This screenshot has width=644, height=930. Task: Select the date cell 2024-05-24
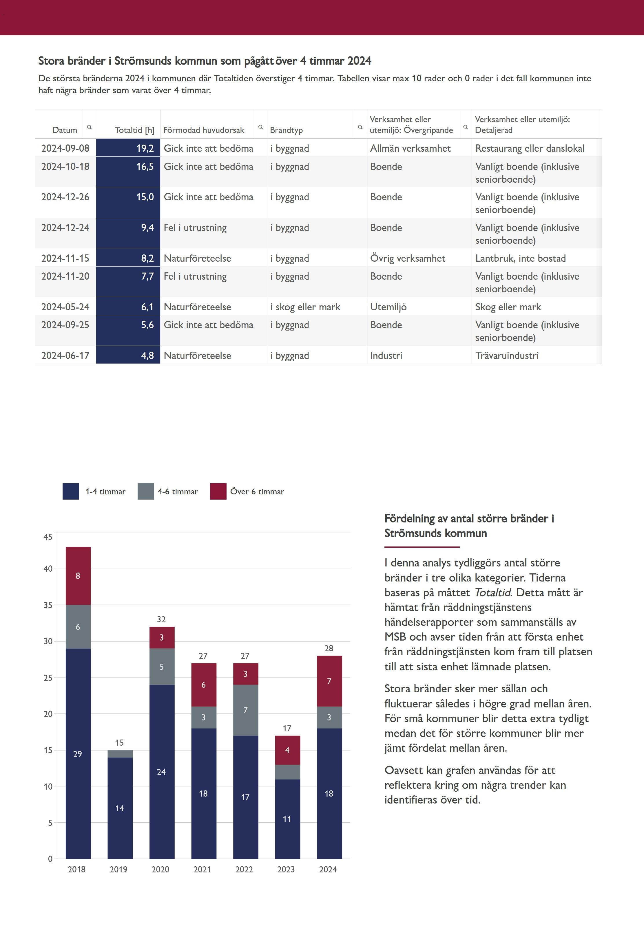65,307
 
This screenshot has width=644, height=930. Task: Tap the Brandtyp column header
286,130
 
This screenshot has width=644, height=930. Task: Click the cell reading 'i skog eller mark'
305,307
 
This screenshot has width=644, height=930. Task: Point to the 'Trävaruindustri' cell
507,355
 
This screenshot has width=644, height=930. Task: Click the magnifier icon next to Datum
89,127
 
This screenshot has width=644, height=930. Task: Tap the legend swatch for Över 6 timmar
218,491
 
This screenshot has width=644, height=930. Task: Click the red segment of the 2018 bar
78,576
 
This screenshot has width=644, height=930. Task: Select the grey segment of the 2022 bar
245,710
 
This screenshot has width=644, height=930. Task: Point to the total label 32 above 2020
161,619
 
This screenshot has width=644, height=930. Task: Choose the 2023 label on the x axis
286,869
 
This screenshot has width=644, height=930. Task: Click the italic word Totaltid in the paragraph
492,592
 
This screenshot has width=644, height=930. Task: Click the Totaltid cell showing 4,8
128,355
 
